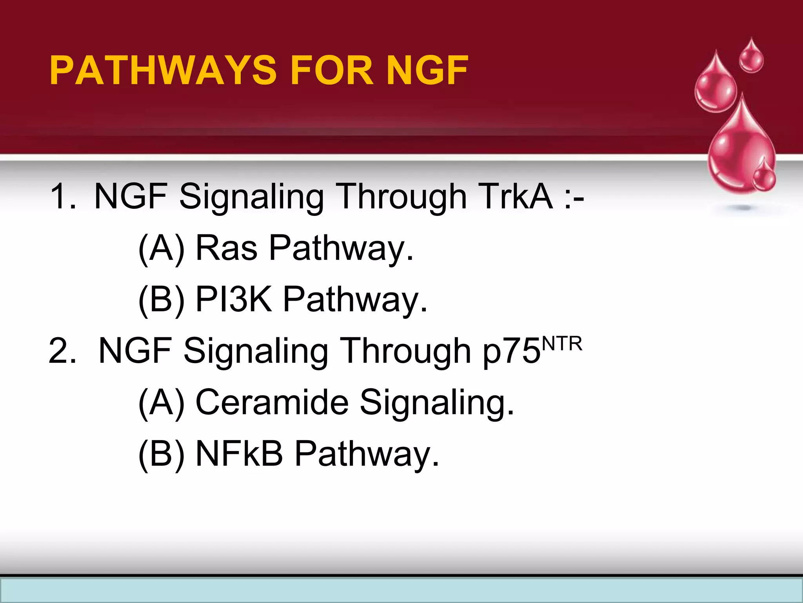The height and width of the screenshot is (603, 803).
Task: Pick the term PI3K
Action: pyautogui.click(x=234, y=299)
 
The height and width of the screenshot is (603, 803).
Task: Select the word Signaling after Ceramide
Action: pyautogui.click(x=436, y=403)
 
